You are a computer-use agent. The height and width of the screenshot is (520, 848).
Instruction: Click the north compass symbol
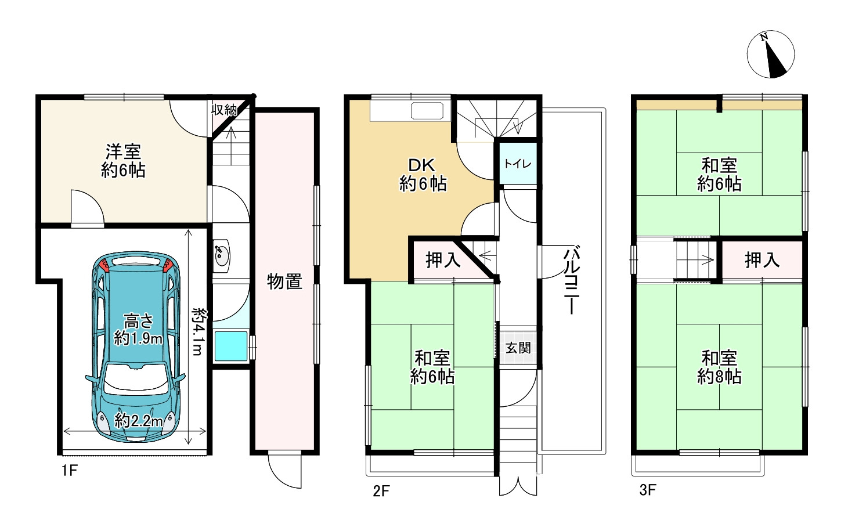point(770,54)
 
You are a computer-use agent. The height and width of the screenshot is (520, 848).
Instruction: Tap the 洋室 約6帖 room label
point(123,161)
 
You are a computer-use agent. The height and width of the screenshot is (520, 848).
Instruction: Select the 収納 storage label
point(223,110)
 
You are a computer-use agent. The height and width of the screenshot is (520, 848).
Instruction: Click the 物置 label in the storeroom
point(284,281)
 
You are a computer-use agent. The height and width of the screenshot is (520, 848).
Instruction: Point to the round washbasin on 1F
point(221,255)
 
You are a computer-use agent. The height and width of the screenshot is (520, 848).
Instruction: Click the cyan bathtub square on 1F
point(231,346)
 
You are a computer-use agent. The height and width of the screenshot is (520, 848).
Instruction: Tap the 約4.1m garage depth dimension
point(199,331)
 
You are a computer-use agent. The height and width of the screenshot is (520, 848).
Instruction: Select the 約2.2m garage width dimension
point(138,420)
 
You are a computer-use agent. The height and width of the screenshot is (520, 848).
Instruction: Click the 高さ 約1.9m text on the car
point(138,329)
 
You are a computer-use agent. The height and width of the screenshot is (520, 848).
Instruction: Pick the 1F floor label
point(69,470)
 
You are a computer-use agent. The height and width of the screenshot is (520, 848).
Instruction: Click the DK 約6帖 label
point(423,175)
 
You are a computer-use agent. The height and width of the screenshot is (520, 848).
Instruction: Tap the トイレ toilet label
point(517,164)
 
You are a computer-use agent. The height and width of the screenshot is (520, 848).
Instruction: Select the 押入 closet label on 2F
point(443,260)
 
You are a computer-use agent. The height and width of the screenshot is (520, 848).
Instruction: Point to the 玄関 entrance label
point(518,348)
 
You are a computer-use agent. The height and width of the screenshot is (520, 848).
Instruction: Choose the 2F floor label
point(381,491)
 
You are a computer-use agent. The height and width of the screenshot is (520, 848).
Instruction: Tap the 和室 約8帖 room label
point(719,367)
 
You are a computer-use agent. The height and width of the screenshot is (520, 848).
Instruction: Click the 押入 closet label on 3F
point(762,260)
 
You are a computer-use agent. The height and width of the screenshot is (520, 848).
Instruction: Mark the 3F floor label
point(648,490)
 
